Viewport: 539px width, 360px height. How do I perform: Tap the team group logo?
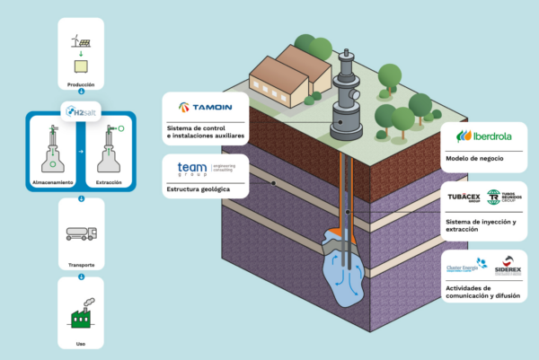click(x=195, y=169)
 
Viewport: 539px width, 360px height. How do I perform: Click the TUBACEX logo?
click(x=464, y=198)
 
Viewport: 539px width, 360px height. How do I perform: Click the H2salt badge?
click(x=80, y=110)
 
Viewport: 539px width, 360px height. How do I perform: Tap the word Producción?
click(x=80, y=83)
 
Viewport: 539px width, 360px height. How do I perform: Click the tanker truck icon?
click(x=80, y=235)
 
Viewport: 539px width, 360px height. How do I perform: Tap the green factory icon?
click(x=80, y=316)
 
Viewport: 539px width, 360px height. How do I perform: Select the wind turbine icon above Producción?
click(x=79, y=40)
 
